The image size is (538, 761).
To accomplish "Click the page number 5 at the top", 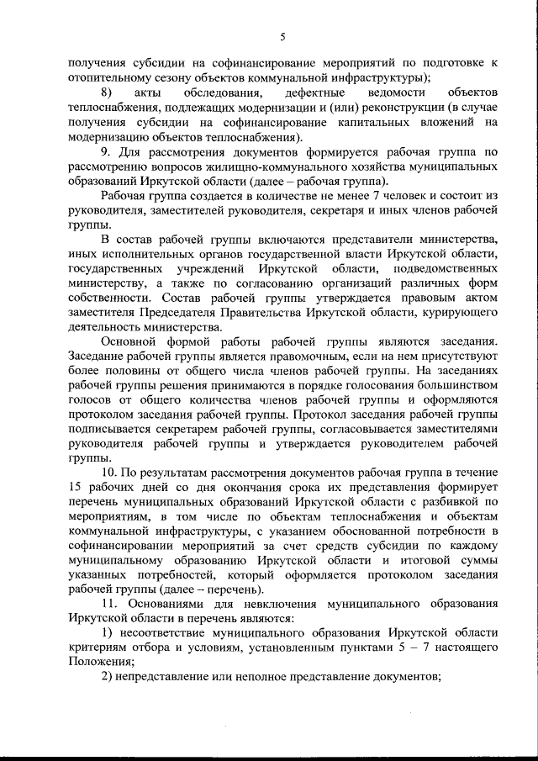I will point(282,35).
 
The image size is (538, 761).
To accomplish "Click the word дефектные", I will point(315,91).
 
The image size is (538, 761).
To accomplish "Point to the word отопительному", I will point(107,76).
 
